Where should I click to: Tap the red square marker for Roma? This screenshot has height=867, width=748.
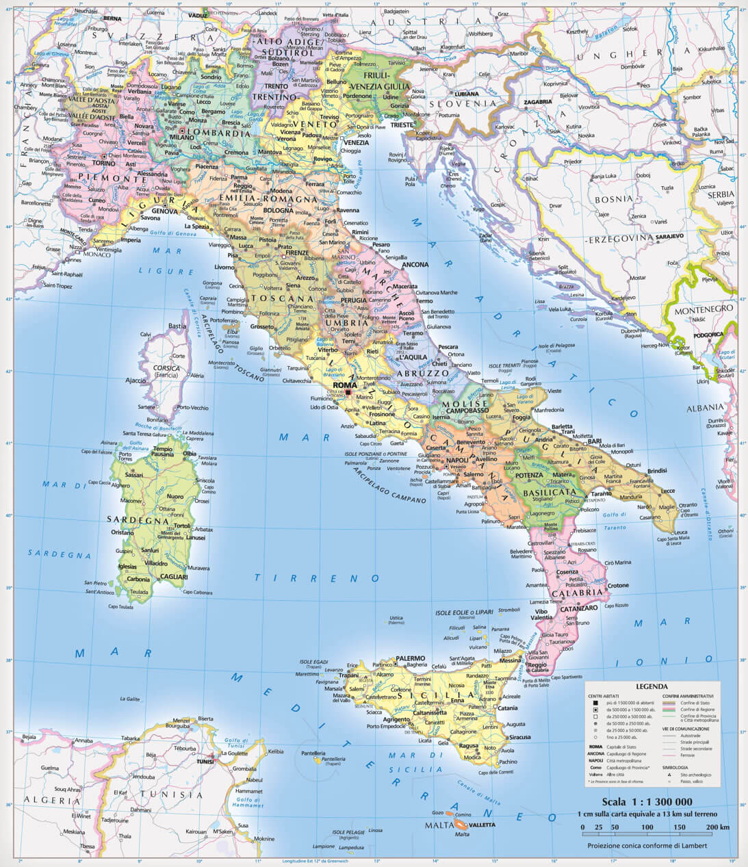point(348,393)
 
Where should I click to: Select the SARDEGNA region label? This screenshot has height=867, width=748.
point(147,519)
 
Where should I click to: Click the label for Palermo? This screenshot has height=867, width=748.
point(411,658)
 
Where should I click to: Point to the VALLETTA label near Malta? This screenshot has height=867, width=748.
point(482,825)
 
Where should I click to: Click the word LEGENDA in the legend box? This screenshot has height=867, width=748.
point(652,686)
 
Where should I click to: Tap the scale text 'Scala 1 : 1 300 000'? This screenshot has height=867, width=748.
point(647,802)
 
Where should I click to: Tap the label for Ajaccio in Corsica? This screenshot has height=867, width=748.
point(135,380)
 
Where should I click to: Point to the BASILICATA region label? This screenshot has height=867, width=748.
point(549,492)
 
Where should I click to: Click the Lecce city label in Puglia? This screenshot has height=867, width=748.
point(667,491)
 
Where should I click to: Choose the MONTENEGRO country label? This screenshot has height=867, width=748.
point(708,309)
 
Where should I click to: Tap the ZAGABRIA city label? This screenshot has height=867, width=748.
point(537,101)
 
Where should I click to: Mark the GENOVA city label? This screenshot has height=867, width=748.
point(164,211)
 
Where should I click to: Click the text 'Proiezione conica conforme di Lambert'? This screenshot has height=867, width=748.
point(647,846)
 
